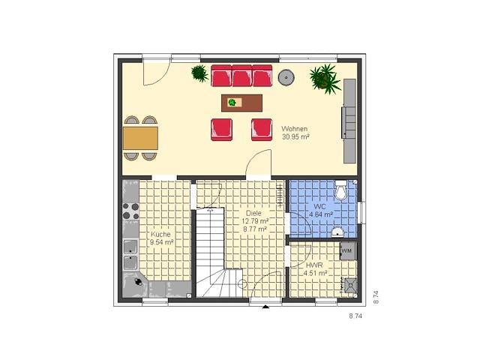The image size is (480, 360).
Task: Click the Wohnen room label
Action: [x=294, y=129]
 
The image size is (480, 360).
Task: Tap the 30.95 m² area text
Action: [x=295, y=136]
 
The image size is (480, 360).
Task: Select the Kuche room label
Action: [x=160, y=234]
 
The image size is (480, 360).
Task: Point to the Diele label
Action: [x=253, y=213]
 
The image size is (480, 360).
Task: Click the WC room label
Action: [x=319, y=207]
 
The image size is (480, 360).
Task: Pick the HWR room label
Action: [x=314, y=265]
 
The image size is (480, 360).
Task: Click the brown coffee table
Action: [x=241, y=103]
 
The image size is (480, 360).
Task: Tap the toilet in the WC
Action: [x=340, y=190]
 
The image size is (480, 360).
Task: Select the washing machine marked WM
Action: [x=348, y=251]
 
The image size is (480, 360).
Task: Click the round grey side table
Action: [x=286, y=77]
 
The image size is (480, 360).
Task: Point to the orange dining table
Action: [x=140, y=138]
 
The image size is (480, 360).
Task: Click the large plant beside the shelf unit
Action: [x=325, y=78]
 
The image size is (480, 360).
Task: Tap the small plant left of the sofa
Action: [x=199, y=73]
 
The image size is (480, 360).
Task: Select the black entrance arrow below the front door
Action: [x=265, y=307]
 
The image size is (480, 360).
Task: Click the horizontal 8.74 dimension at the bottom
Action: [x=355, y=316]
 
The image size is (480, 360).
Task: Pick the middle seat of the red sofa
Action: [x=241, y=76]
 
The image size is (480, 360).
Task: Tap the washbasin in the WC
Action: [x=338, y=232]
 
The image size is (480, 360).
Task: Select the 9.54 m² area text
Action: [x=162, y=242]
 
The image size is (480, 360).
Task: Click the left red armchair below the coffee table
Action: [x=221, y=130]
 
